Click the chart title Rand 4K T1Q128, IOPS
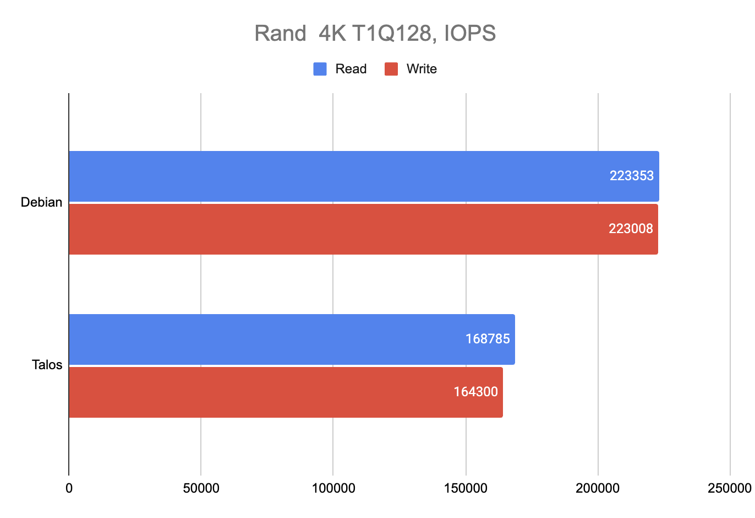point(375,34)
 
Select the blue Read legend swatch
point(320,69)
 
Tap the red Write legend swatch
point(391,69)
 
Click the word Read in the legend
point(351,69)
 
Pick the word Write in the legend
point(422,69)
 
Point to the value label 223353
point(631,176)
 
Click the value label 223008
point(631,229)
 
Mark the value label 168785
point(488,339)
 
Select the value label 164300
point(475,392)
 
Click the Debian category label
point(41,202)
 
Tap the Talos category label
point(47,365)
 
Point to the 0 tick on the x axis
point(69,488)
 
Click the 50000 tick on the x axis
point(201,488)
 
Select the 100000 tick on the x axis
point(333,488)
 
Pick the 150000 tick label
point(466,488)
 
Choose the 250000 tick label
point(729,488)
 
